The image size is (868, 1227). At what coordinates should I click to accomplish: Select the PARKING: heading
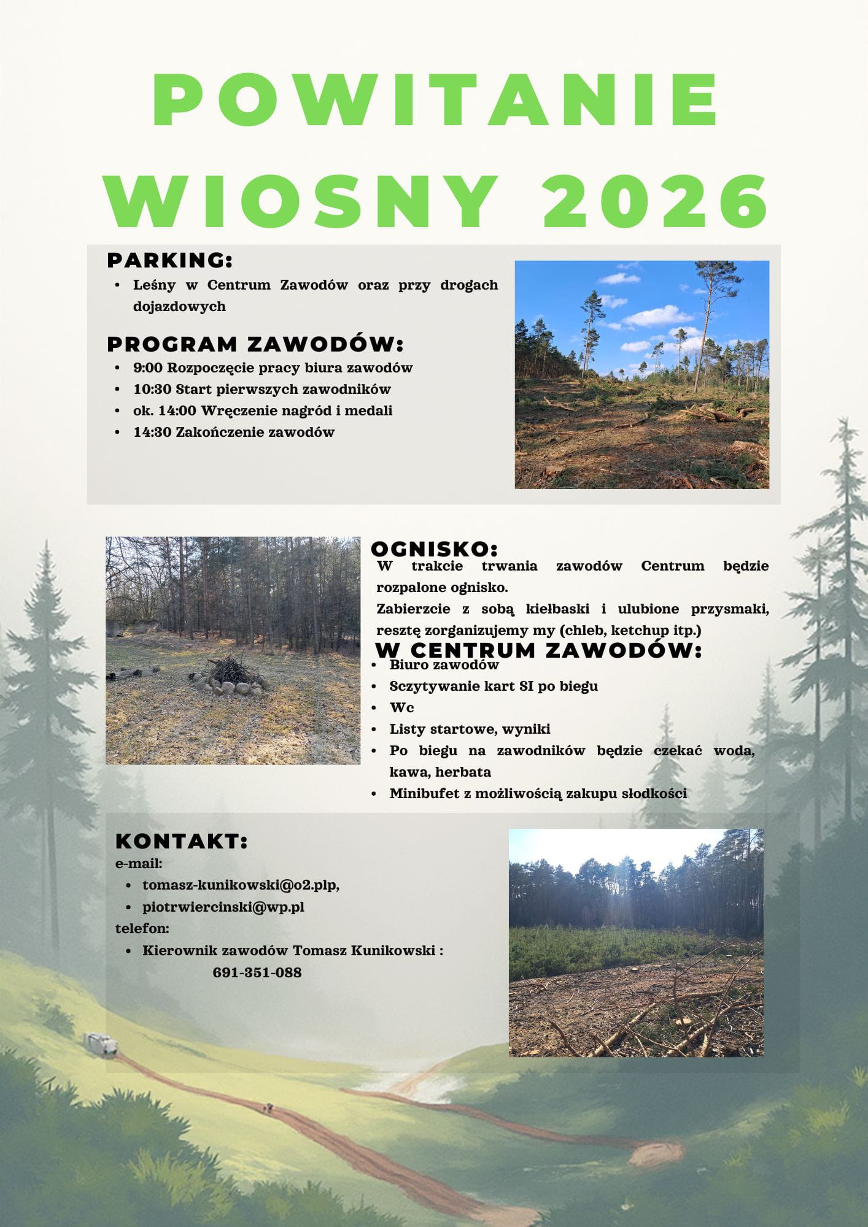170,260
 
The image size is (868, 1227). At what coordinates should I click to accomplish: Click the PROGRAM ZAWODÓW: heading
255,344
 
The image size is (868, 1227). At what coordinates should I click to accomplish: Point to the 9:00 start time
148,368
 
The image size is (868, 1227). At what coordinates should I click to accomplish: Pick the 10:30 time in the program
152,390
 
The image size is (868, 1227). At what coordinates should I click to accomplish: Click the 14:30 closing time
152,433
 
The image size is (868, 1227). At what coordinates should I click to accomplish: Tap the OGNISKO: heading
434,548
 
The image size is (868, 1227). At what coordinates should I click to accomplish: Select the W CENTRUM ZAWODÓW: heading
538,650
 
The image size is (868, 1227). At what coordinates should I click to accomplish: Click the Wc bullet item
401,707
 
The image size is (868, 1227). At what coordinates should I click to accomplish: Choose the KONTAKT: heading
182,841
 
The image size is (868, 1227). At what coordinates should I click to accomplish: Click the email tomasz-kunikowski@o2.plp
240,885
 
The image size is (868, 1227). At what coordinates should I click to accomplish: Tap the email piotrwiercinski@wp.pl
223,907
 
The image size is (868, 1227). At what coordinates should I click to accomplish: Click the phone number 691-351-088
257,972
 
